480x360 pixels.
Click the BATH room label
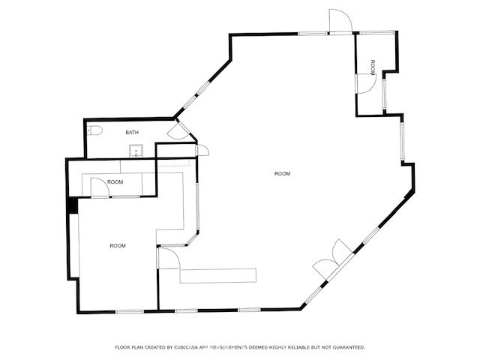pos(132,133)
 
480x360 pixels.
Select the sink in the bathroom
pos(136,149)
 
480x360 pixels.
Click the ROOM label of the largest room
pos(282,174)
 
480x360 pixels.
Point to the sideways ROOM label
pos(373,66)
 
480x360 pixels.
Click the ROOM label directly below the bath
pos(115,182)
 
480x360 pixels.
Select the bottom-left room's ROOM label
pos(118,246)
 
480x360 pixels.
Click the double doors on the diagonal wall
pos(330,258)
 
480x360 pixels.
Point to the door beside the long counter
pos(168,259)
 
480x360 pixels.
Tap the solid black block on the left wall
pos(73,204)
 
